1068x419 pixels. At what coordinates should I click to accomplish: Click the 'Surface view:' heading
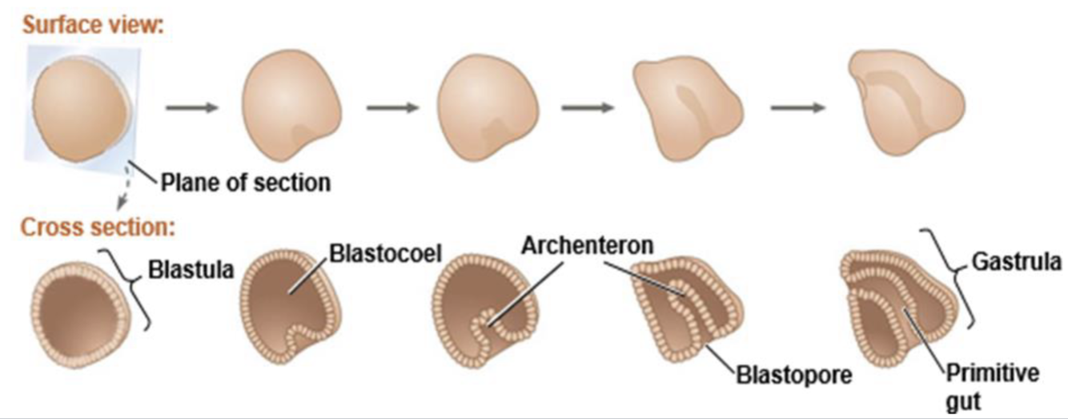[92, 24]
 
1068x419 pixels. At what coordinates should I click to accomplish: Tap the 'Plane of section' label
[245, 183]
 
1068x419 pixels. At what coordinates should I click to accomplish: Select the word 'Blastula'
[191, 269]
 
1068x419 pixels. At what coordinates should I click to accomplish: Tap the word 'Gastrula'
[1016, 261]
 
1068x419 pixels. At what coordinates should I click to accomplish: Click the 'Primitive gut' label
[992, 384]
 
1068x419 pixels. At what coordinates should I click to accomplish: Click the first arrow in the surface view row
[191, 107]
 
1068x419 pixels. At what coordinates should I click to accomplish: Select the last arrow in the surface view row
[797, 107]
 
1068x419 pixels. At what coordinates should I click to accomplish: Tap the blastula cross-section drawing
[77, 312]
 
